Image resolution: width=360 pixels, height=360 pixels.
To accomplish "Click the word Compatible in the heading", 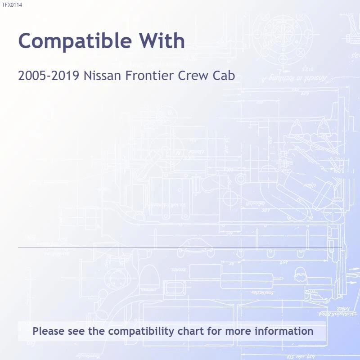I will click(76, 41).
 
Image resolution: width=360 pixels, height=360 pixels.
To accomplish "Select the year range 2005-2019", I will click(49, 76).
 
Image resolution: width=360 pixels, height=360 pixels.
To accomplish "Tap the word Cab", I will click(224, 76).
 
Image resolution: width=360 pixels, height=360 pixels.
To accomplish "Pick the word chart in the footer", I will click(191, 332).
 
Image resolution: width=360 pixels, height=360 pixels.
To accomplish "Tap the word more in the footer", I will click(238, 332).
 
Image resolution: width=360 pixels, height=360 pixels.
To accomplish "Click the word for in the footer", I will click(215, 332).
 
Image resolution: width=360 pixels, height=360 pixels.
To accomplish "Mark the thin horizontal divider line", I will click(180, 247).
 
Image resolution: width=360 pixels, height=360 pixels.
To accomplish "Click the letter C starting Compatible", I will click(27, 41).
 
